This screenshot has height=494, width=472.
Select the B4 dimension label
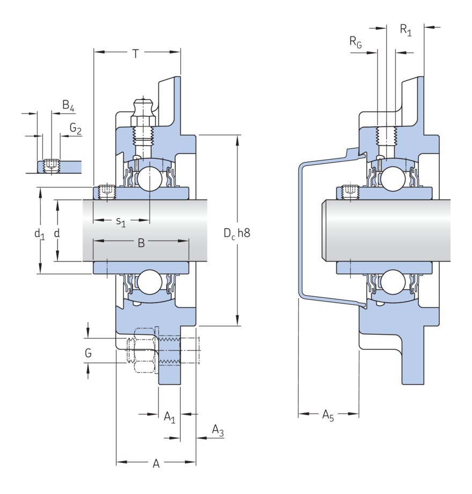point(68,106)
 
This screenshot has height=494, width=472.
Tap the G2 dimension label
point(75,129)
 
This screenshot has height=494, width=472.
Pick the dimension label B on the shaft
point(141,243)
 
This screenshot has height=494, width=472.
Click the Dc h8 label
point(237,234)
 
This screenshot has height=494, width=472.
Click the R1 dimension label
point(405,30)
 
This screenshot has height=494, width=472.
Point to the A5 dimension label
point(328,415)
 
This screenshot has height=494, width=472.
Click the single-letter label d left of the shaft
point(56,233)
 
